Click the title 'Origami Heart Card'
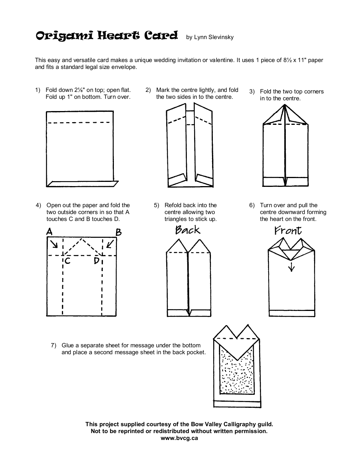click(x=107, y=36)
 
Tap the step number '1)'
click(x=37, y=90)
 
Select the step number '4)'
click(x=38, y=205)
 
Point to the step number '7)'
click(x=54, y=345)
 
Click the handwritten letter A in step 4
click(x=49, y=232)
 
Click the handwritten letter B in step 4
click(x=118, y=232)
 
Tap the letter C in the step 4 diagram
click(x=67, y=261)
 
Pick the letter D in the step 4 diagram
click(x=97, y=261)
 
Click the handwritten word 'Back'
click(x=188, y=230)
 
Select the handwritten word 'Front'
click(x=288, y=231)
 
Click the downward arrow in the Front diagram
click(x=292, y=267)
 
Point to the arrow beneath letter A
click(x=54, y=244)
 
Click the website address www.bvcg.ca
click(x=179, y=438)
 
